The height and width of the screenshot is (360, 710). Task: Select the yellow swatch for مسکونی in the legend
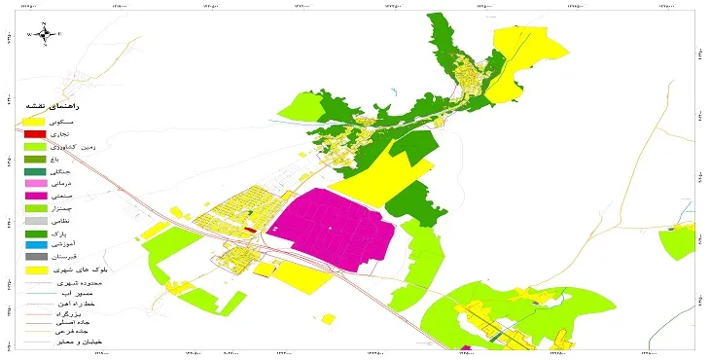34,120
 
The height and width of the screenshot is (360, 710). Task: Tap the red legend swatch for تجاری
34,132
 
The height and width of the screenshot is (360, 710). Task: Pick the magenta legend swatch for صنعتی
34,196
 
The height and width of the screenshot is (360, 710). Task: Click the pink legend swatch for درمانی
34,183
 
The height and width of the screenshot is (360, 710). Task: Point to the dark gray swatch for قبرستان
34,257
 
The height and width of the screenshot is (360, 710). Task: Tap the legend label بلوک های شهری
102,270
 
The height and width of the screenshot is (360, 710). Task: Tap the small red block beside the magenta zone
250,230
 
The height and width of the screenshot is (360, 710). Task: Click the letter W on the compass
30,34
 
